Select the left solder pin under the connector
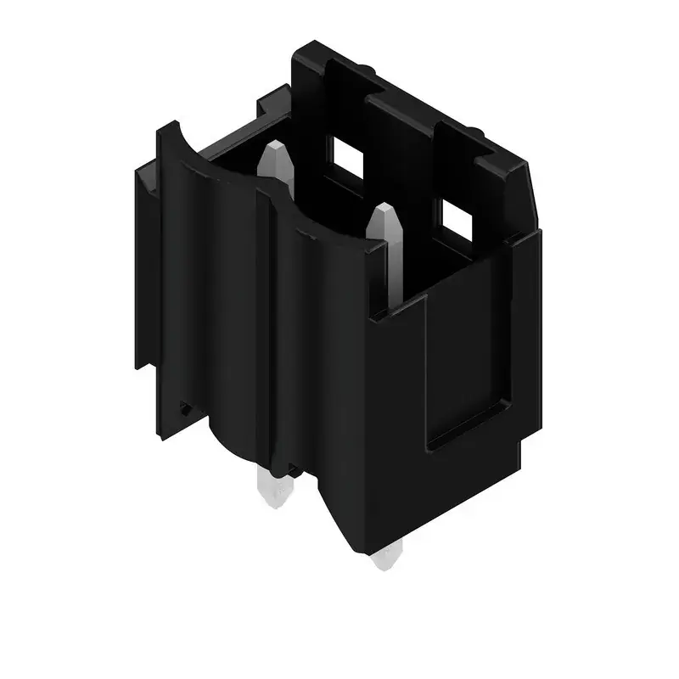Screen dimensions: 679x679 [270, 490]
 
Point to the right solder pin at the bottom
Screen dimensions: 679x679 [385, 558]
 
